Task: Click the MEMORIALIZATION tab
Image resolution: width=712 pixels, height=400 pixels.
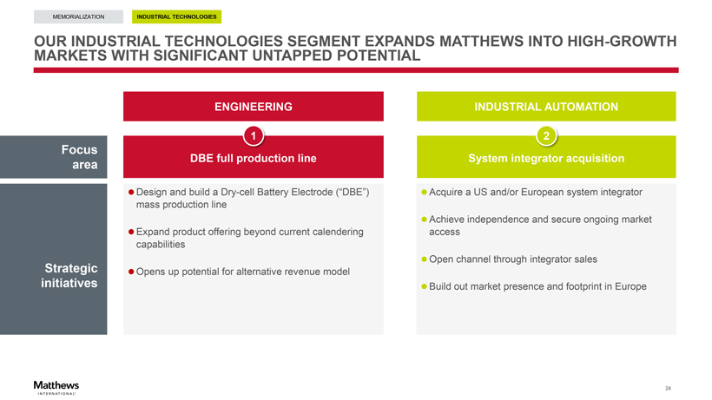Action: pos(78,16)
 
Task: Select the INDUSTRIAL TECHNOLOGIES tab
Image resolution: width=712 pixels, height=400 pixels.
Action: pos(176,16)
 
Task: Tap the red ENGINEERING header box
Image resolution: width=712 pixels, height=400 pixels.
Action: pos(254,107)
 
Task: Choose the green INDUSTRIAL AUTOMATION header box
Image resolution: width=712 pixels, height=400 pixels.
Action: pos(546,107)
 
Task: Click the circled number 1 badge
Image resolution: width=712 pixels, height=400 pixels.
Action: pos(254,135)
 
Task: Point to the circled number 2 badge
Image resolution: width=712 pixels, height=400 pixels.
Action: pos(546,135)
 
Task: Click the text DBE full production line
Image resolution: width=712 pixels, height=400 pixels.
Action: pos(254,158)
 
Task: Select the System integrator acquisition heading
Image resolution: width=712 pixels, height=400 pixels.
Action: pos(546,158)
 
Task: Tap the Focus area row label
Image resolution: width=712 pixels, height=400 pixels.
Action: pos(80,157)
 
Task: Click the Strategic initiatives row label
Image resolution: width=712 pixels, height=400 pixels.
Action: pos(69,276)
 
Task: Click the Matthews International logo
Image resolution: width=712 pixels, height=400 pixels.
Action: pos(56,387)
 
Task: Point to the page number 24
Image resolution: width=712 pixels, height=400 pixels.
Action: pos(668,388)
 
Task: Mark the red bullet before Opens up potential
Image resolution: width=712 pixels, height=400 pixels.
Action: pos(131,272)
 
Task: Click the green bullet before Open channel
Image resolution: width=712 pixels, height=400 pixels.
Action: pos(424,259)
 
